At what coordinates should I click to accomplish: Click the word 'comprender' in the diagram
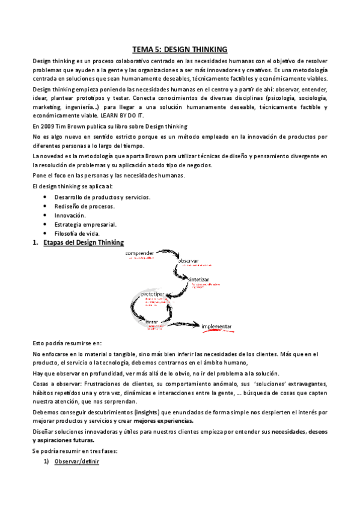click(x=140, y=253)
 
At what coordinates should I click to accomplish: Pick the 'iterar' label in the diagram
click(x=152, y=322)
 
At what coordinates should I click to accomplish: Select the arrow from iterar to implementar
click(x=180, y=325)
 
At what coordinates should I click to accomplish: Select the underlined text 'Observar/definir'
click(x=76, y=461)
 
